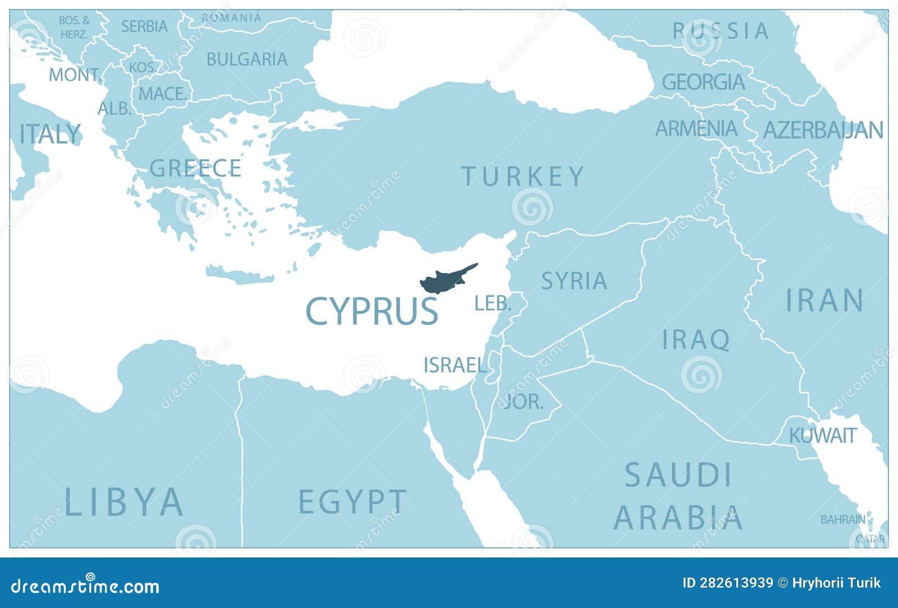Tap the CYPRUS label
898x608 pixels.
click(x=372, y=312)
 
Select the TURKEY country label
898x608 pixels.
click(x=523, y=176)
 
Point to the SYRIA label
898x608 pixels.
click(x=574, y=281)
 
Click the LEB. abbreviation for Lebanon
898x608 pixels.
click(x=493, y=304)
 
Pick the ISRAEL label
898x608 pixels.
click(x=455, y=365)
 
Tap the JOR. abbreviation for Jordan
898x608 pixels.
click(x=524, y=401)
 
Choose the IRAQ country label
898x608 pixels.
click(x=696, y=340)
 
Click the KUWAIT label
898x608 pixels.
click(x=823, y=435)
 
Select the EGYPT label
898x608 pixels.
click(x=352, y=501)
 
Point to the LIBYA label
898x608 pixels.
click(x=124, y=501)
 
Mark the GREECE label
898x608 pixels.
click(x=195, y=168)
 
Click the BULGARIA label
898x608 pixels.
click(x=247, y=59)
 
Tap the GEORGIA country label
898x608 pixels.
click(x=703, y=83)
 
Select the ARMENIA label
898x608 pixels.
click(x=697, y=129)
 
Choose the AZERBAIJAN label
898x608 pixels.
click(x=823, y=130)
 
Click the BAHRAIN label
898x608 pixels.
click(x=842, y=520)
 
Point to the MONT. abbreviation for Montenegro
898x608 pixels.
click(x=75, y=75)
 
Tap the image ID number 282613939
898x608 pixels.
click(x=727, y=583)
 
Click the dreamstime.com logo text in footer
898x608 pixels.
click(x=85, y=586)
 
